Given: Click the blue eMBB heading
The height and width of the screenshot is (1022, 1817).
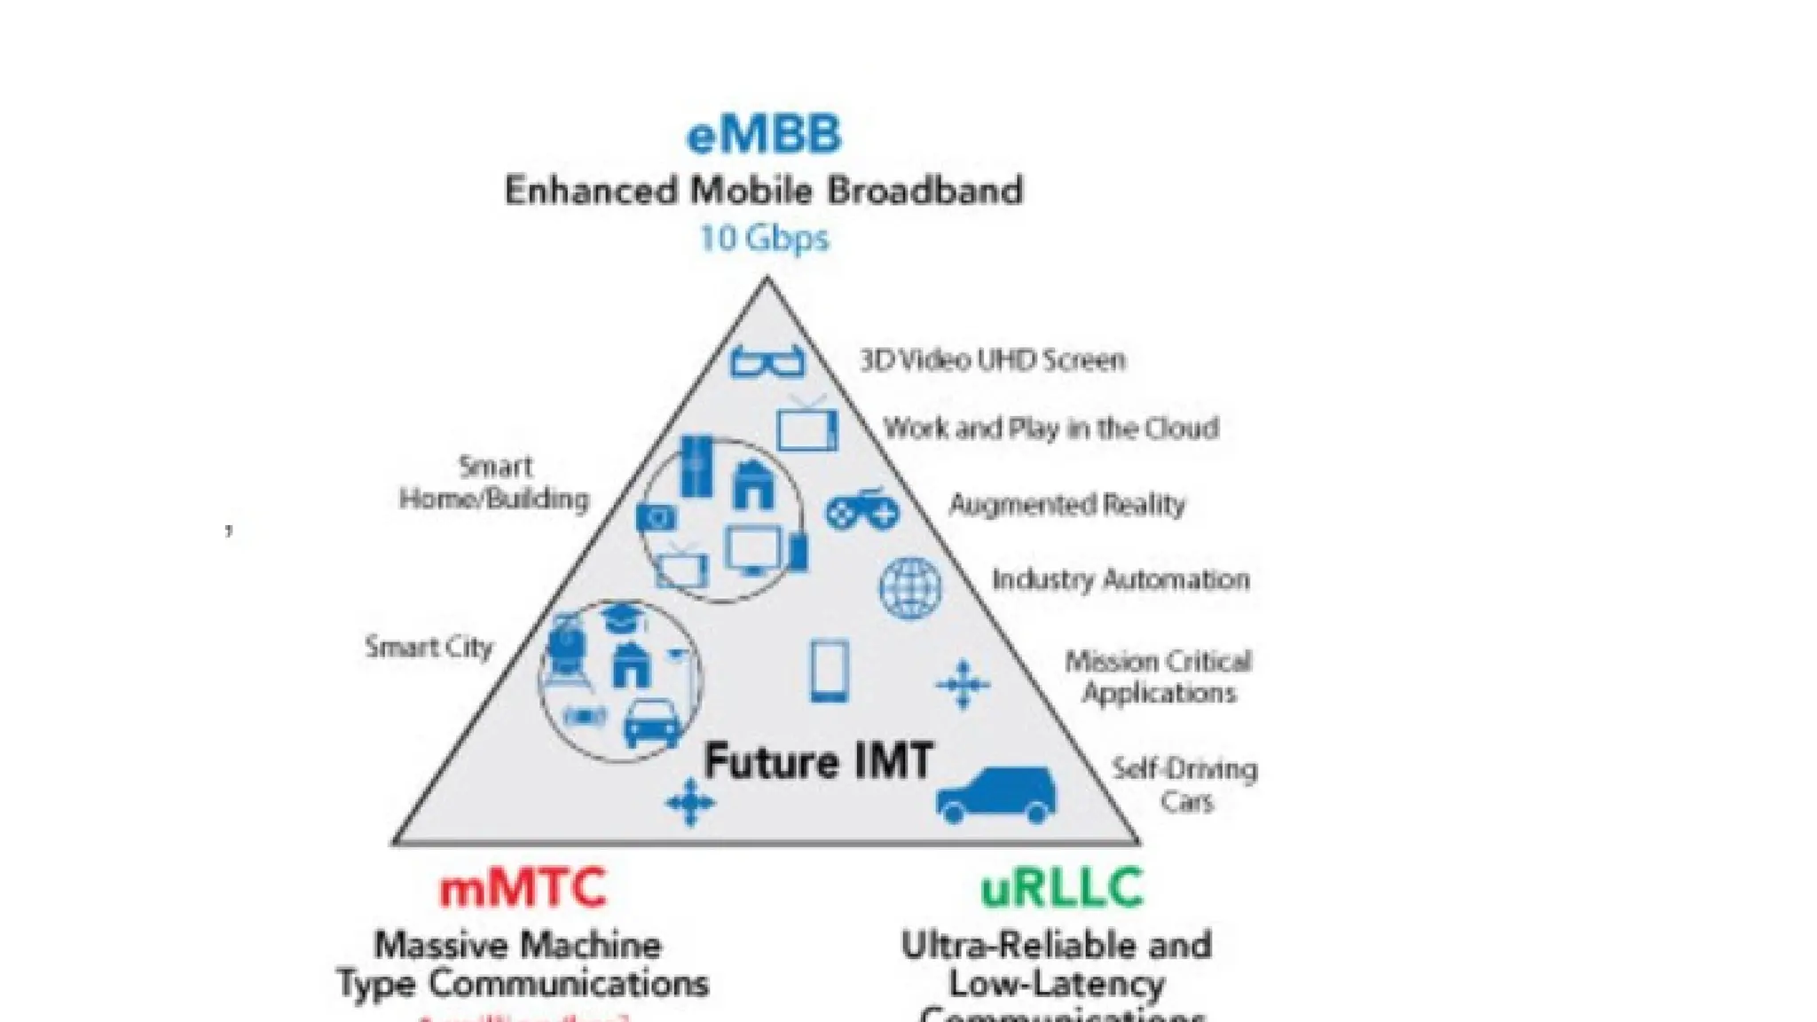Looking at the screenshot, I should pos(764,136).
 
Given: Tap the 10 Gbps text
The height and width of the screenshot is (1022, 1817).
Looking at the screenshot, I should pos(764,238).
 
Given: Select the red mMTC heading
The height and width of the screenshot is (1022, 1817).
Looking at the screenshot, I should pos(523,888).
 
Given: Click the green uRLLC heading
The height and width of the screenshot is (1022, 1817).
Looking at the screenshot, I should pos(1062,888).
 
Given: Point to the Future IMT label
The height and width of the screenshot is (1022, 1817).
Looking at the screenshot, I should pos(818,762).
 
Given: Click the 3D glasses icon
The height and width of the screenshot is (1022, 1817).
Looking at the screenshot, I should pos(767,361).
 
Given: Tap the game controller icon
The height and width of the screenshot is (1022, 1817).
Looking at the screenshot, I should pos(862,508).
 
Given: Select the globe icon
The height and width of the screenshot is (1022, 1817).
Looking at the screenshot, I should pos(910,588).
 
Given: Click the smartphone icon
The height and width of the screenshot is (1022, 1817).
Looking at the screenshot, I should pos(830,672).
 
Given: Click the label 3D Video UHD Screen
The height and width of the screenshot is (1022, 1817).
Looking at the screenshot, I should pos(992,360).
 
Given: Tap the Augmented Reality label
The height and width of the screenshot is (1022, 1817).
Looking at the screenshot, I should pos(1067,505).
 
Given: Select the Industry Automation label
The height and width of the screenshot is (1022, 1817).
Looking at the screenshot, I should pos(1121,580).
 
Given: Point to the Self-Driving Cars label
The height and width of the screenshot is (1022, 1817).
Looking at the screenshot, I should pos(1185,785).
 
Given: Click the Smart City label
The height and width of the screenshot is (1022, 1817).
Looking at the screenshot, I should pos(429,648).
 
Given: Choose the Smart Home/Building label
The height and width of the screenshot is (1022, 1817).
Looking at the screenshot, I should pos(494,483).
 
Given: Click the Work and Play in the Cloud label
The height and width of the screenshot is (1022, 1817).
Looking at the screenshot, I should pos(1051,428).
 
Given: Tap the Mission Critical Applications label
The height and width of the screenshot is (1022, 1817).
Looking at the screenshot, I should pos(1159,677).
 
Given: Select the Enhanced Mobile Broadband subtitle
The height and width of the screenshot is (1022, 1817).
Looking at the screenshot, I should pos(764,191).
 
